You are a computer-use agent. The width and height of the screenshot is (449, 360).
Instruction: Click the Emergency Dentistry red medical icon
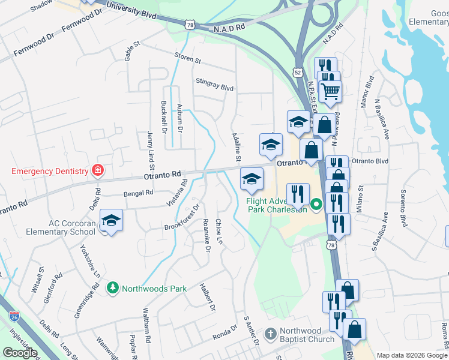pyautogui.click(x=97, y=171)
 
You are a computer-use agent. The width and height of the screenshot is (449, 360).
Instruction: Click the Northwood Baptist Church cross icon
pyautogui.click(x=271, y=334)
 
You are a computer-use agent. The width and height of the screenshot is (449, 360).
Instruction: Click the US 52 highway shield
pyautogui.click(x=298, y=71)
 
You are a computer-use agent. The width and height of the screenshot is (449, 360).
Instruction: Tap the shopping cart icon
pyautogui.click(x=330, y=91)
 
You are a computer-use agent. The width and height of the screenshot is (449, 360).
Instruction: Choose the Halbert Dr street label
pyautogui.click(x=208, y=298)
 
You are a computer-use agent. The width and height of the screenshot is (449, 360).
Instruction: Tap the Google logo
pyautogui.click(x=20, y=353)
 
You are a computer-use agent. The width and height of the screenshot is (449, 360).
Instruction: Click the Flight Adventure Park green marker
pyautogui.click(x=316, y=206)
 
